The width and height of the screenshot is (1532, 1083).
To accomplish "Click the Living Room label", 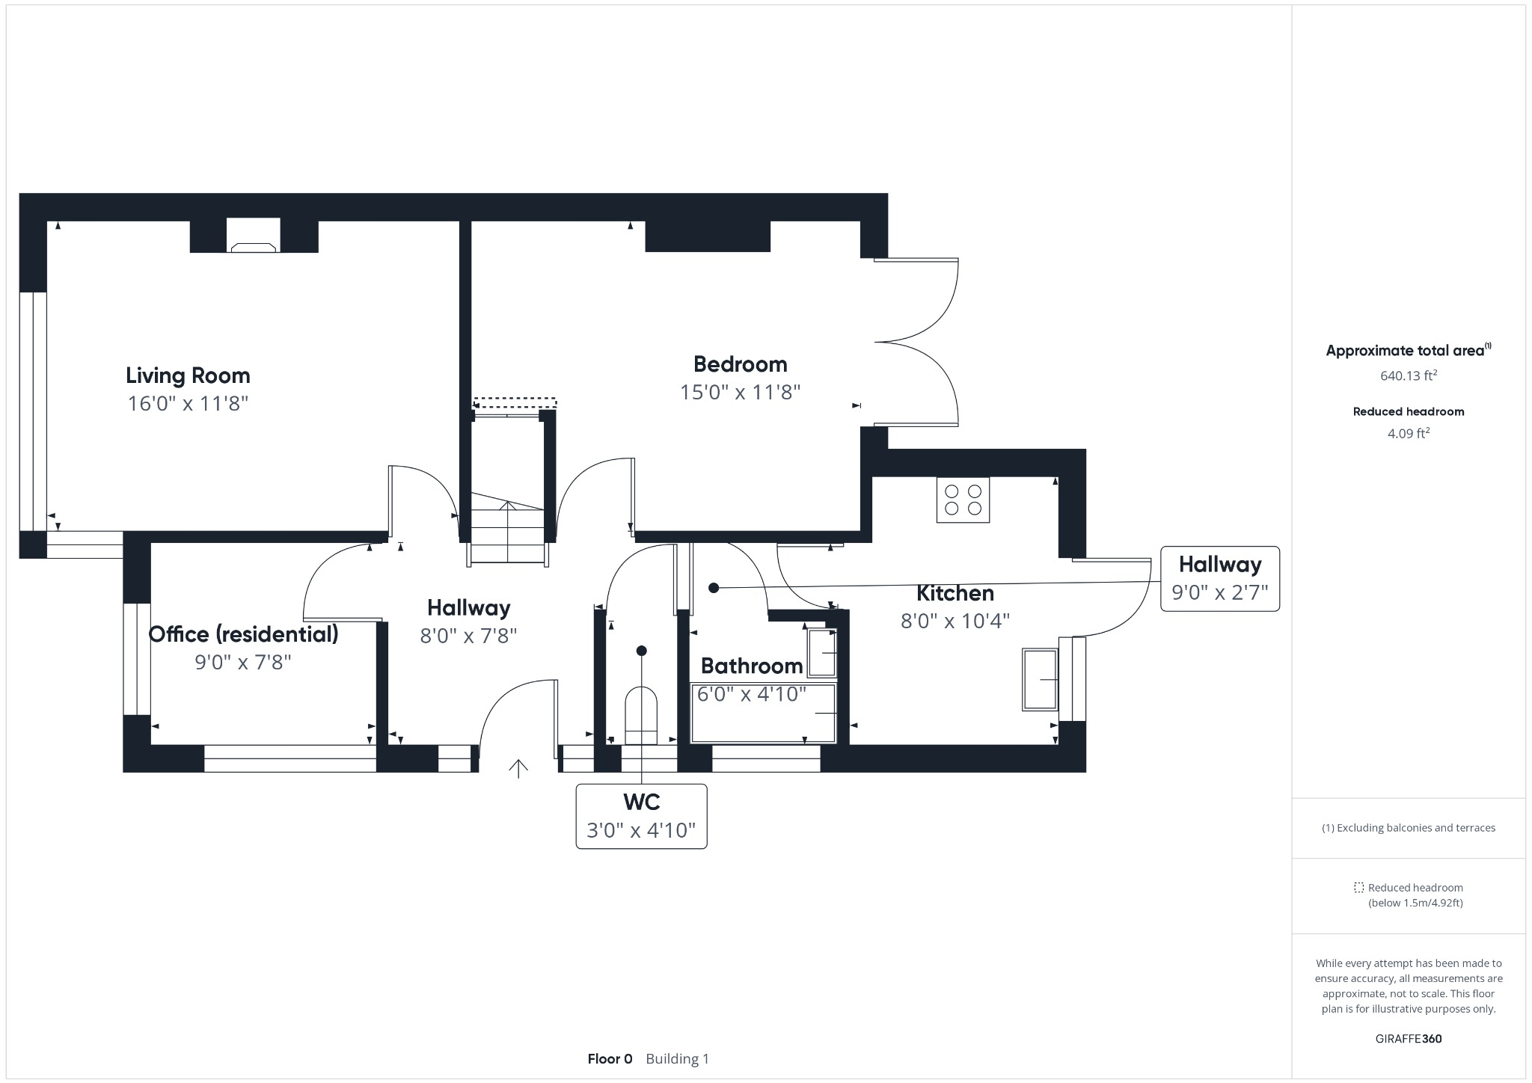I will (188, 375).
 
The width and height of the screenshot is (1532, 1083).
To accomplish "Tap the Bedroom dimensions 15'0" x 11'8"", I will (740, 392).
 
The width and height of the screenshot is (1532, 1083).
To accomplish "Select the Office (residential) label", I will (243, 634).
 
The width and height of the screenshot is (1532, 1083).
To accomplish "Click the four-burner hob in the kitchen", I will (963, 500).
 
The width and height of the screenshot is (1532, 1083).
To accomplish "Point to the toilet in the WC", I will (641, 714).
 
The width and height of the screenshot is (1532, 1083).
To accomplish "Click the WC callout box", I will (641, 816).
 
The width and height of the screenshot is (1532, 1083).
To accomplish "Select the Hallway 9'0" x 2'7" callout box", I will (1219, 578).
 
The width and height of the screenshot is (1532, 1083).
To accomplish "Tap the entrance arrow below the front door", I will (518, 768).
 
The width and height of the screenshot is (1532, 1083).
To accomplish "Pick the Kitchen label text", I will (955, 593).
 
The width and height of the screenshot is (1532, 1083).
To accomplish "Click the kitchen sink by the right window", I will (1040, 679).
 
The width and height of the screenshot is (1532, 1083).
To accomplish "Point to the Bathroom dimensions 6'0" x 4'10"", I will (751, 694).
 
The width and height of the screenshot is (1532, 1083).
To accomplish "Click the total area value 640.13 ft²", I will (1408, 375).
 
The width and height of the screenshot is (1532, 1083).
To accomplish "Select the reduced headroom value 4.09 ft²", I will (1408, 433).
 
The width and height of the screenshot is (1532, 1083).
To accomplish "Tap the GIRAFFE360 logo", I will (1408, 1038).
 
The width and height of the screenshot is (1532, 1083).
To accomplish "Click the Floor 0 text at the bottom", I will (610, 1058).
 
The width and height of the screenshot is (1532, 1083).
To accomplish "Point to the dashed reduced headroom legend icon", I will (1358, 888).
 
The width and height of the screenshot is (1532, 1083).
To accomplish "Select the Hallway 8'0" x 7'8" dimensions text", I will (468, 636).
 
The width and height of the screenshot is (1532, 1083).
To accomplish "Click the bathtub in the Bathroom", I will (763, 714).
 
